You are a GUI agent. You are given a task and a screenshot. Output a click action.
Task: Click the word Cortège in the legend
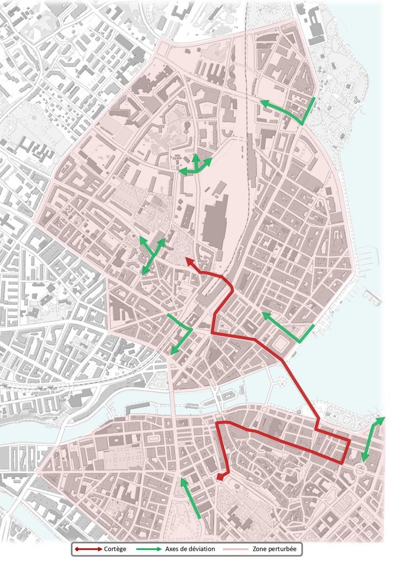point(115,549)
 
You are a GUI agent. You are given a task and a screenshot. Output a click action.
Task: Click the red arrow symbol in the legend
point(89,549)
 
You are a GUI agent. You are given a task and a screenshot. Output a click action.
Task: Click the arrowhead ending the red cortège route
point(188,260)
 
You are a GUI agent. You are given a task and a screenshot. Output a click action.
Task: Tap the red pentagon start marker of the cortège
point(220,477)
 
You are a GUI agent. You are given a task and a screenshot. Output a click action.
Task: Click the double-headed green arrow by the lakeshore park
point(373,439)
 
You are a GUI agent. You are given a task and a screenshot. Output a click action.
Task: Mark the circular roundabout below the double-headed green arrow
point(361,469)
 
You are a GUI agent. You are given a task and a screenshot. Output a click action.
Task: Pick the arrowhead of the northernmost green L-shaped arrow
point(263,102)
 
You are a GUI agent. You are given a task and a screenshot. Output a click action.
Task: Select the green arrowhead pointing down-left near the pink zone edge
point(173,351)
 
